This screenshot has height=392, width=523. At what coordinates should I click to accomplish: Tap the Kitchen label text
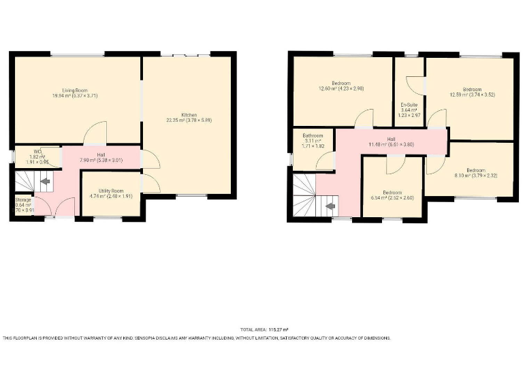pos(189,114)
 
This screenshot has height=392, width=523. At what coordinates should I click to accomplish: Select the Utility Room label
pos(110,191)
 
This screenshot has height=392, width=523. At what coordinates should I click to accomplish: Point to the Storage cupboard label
pos(23,200)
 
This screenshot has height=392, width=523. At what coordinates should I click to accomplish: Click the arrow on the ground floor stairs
pos(45,182)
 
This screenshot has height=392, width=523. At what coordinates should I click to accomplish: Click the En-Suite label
pos(410,105)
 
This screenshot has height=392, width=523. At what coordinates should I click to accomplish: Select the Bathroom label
pos(313,136)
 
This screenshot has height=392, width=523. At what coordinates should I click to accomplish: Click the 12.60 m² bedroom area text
pos(340,88)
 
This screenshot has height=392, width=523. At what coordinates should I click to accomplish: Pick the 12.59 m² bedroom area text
pos(472,95)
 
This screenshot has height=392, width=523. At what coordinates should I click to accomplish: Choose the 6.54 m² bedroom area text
pos(392,197)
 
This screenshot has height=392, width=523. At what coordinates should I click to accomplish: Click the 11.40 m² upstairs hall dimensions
pos(392,144)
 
